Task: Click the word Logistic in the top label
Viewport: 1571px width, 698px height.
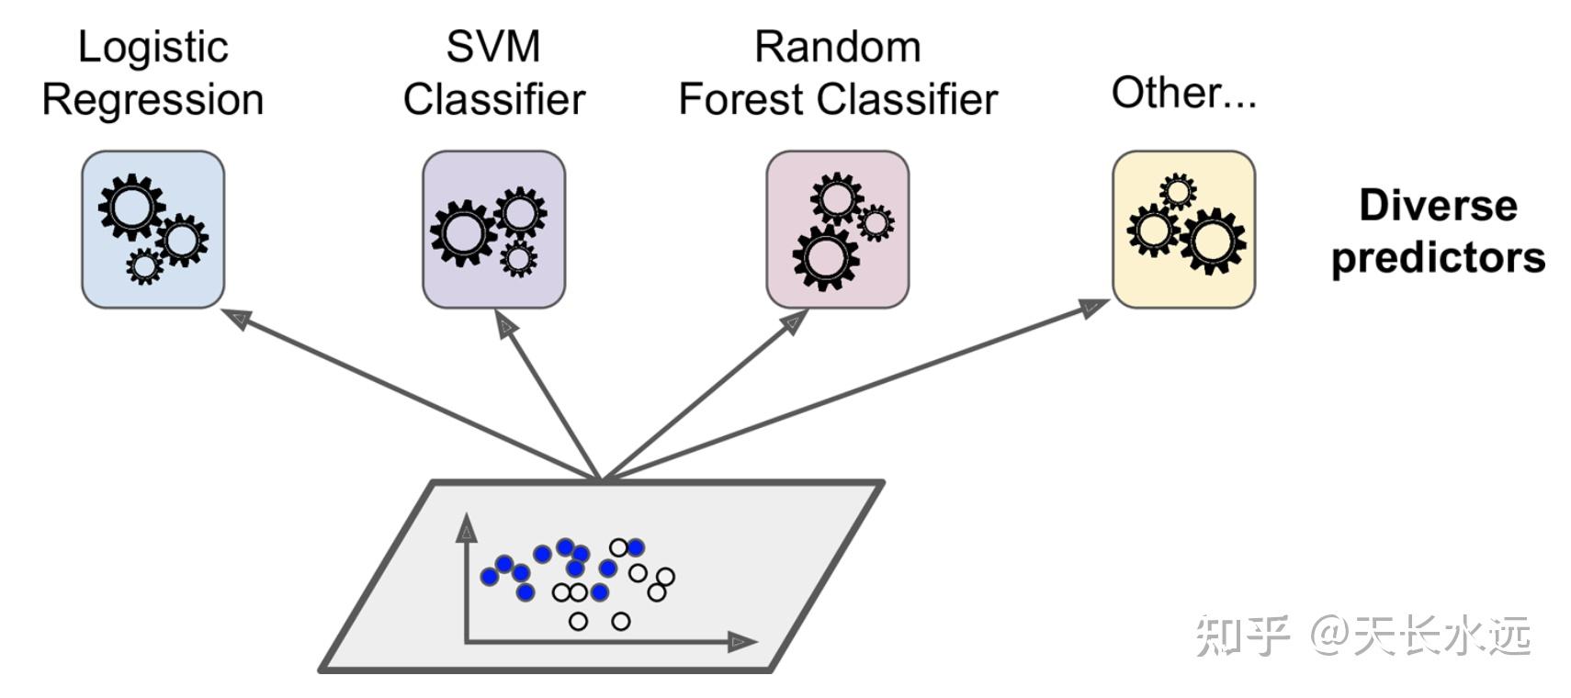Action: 153,47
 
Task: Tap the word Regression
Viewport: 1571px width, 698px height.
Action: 153,99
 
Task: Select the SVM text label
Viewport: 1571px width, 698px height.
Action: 493,47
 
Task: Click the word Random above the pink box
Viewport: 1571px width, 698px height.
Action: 837,47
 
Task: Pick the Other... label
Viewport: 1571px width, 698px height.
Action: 1183,93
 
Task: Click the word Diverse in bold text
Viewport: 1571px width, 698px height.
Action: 1438,205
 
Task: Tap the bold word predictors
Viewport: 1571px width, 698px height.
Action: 1438,257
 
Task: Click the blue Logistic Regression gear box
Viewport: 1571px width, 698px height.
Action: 153,230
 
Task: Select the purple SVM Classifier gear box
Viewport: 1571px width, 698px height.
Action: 493,230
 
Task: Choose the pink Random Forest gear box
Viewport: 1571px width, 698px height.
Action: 837,230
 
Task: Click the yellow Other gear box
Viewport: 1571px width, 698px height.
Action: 1183,230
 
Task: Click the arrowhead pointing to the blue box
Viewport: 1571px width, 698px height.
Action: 237,319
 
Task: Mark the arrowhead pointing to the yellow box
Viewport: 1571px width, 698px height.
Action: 1093,308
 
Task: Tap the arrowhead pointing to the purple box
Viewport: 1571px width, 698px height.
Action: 505,325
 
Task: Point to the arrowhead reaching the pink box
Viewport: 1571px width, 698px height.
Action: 794,321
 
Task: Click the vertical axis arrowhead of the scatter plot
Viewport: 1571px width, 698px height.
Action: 468,528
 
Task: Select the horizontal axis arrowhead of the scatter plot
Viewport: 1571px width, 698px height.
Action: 740,642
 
